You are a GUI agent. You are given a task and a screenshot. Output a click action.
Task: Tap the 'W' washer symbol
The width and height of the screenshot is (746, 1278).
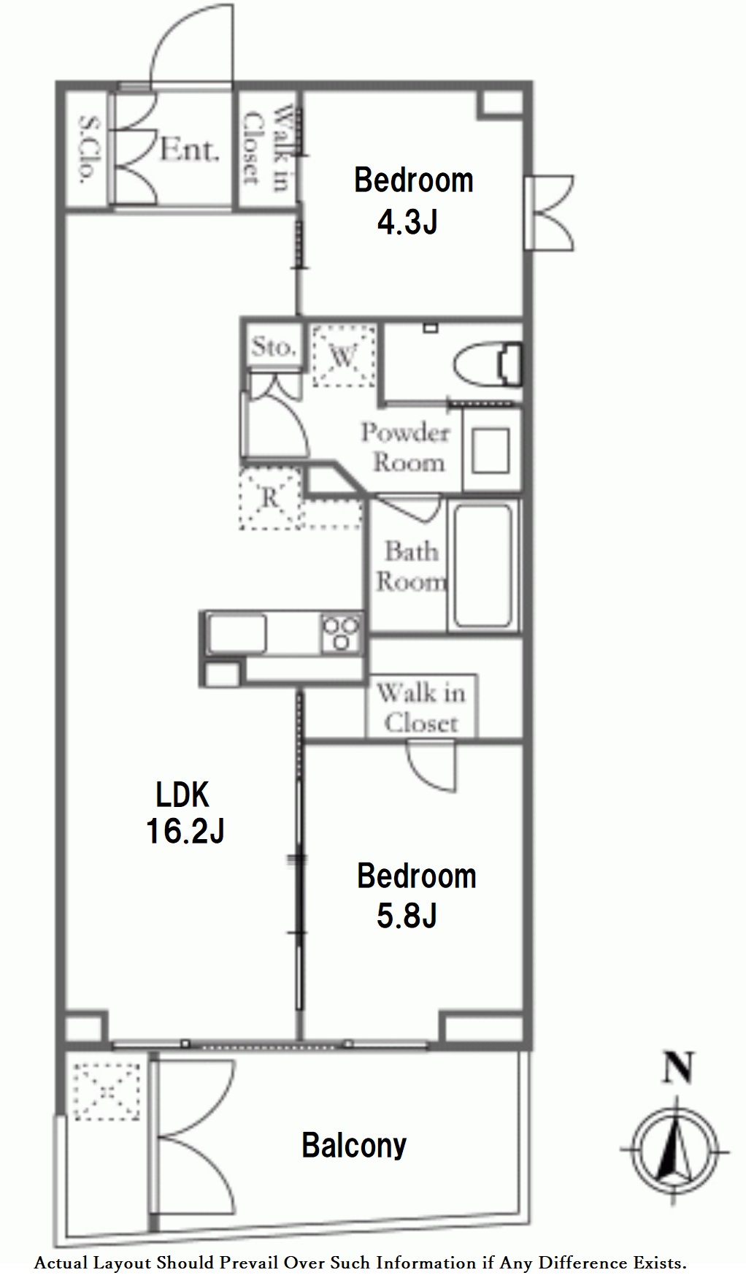[x=342, y=356]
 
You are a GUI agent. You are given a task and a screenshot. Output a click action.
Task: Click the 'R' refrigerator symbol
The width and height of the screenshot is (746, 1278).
[x=269, y=499]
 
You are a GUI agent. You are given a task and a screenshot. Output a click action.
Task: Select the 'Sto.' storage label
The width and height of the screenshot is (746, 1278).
[x=274, y=346]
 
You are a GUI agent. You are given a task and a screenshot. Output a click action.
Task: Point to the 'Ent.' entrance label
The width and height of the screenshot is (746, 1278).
[x=189, y=150]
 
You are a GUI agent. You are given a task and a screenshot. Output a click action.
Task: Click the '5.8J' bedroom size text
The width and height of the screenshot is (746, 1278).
[x=407, y=915]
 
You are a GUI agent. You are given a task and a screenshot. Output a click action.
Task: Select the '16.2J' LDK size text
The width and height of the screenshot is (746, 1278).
[x=185, y=830]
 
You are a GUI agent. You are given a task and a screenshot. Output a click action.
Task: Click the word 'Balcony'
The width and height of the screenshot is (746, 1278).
[x=354, y=1145]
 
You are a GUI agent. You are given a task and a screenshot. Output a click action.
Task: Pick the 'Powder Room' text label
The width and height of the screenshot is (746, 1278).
[x=404, y=447]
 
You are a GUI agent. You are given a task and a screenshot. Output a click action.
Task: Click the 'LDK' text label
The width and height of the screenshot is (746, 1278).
[x=183, y=794]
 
